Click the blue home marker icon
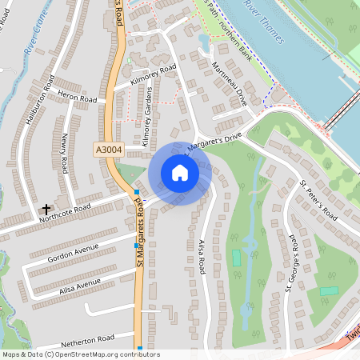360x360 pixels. pyautogui.click(x=180, y=173)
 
